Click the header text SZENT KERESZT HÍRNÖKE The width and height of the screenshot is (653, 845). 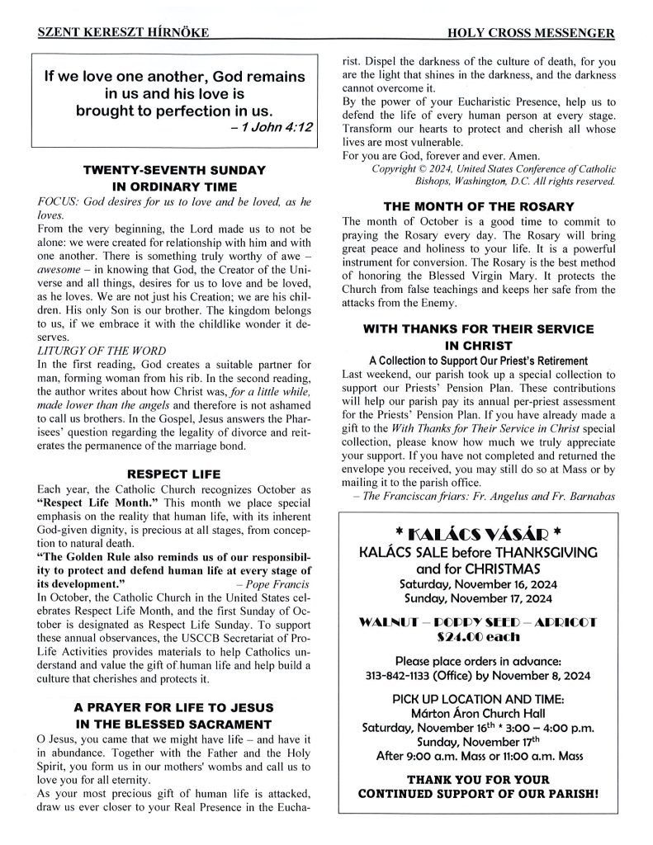pyautogui.click(x=122, y=33)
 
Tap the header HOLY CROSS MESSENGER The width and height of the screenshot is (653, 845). pyautogui.click(x=529, y=33)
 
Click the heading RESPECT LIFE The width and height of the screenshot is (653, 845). pyautogui.click(x=174, y=474)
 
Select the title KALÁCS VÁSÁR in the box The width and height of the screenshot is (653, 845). pyautogui.click(x=479, y=531)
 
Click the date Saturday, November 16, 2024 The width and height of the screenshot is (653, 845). pyautogui.click(x=479, y=583)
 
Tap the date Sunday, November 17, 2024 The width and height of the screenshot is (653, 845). pyautogui.click(x=479, y=598)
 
